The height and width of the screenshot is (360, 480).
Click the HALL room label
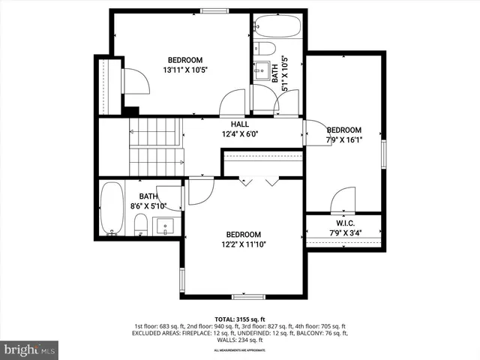coord(240,124)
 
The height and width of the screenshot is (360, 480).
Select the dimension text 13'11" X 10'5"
coord(184,70)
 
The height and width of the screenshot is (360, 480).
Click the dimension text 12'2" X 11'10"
coord(244,244)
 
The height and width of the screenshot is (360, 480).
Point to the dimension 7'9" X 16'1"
coord(344,139)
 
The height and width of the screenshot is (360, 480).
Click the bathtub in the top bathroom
coord(277,27)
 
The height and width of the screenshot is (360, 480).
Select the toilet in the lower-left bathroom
coord(140,223)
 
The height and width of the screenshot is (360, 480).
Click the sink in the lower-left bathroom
coord(166,225)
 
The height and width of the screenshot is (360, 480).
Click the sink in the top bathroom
coord(263,71)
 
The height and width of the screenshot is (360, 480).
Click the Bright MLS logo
coord(30,349)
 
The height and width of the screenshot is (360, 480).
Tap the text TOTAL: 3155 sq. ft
coord(240,318)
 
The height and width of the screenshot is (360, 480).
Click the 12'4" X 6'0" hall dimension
coord(240,134)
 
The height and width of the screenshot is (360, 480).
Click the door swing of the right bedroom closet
coord(340,199)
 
